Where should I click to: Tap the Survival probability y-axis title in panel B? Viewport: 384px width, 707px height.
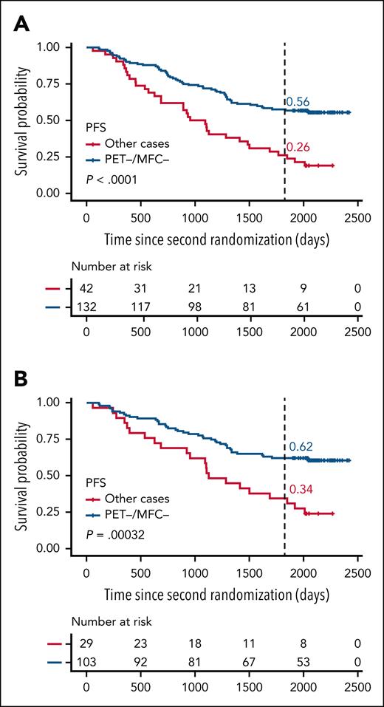point(21,475)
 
